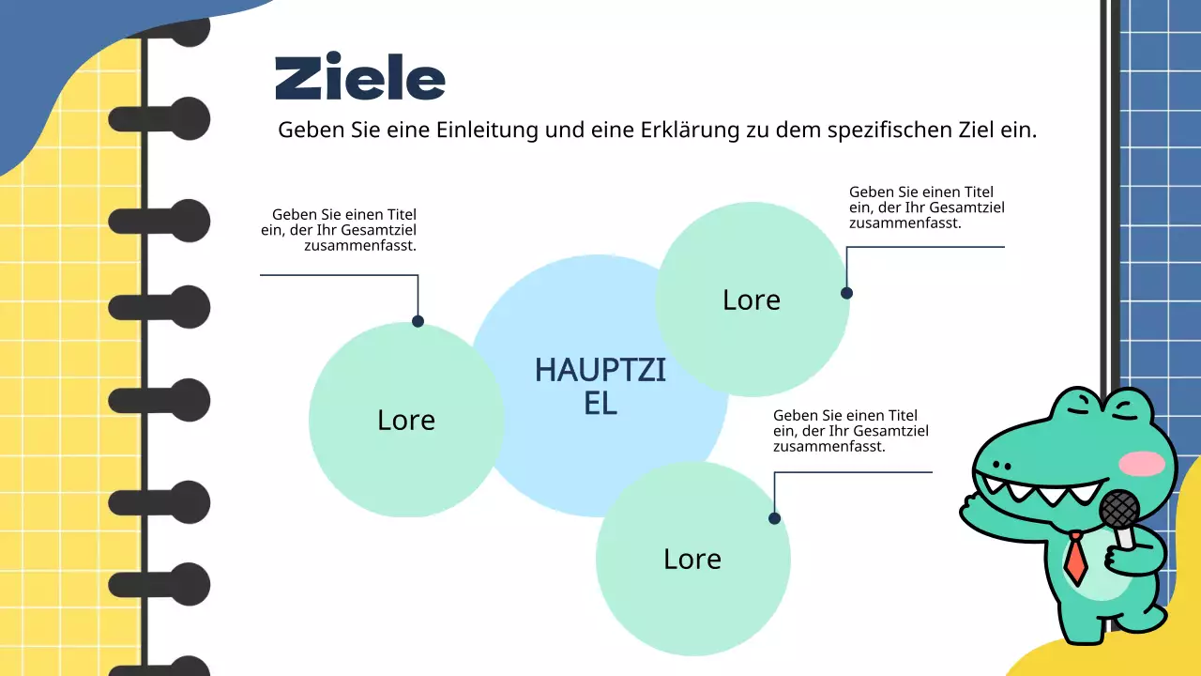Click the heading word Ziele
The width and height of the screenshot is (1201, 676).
pos(359,78)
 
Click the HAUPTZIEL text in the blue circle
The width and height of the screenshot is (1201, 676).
pos(600,386)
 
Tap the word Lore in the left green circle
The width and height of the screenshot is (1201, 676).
pos(406,420)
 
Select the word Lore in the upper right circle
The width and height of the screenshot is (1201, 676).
pos(752,300)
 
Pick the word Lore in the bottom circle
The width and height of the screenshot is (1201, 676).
pos(692,559)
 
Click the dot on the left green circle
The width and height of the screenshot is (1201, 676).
pos(418,321)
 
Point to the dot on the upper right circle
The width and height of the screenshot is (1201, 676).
pos(846,293)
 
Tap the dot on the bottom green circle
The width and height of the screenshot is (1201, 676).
pos(774,518)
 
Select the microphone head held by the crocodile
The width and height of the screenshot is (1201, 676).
pos(1118,510)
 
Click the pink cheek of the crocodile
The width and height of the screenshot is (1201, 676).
pos(1142,463)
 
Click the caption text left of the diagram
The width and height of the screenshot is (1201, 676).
pos(340,230)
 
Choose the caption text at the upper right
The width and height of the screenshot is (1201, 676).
pos(926,207)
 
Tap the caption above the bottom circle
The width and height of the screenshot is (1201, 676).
pos(850,431)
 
